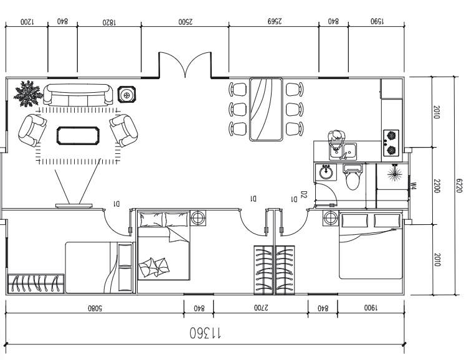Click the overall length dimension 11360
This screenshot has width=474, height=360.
(x=206, y=333)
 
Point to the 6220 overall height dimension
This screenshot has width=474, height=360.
(x=460, y=186)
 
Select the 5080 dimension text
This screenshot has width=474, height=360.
(x=95, y=307)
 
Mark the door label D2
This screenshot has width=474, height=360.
(x=304, y=195)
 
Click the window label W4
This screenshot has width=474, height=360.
(x=413, y=185)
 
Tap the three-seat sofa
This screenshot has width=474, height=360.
(x=78, y=95)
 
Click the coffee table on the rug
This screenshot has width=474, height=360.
(x=78, y=135)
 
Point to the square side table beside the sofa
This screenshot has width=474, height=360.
(x=128, y=95)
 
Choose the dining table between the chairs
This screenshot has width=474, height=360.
(x=266, y=109)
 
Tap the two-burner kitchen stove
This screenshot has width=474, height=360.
(x=391, y=141)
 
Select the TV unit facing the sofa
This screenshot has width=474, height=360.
(x=73, y=205)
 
